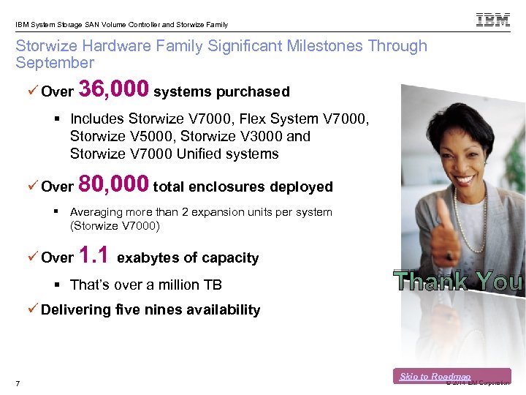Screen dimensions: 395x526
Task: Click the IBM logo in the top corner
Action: coord(493,20)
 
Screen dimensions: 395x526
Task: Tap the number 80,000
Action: coord(113,184)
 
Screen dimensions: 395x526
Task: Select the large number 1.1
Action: coord(94,255)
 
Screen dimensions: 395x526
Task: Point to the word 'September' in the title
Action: coord(55,63)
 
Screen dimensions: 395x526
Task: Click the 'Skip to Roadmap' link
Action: coord(435,377)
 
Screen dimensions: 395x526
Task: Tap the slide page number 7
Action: coord(18,385)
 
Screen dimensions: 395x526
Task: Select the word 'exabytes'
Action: coord(146,257)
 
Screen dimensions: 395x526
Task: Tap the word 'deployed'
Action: coord(301,187)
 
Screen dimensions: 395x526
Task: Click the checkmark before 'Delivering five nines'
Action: coord(33,309)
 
